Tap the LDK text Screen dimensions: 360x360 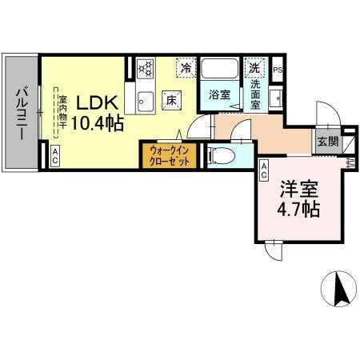point(98,103)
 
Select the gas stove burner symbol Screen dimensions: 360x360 point(145,70)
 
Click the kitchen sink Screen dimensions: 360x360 point(144,102)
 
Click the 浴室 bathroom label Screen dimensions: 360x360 point(219,95)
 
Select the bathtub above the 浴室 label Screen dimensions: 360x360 point(220,69)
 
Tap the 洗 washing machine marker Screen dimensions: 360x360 point(255,68)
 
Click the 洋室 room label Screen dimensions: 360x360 point(298,190)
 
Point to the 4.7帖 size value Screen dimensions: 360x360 point(298,210)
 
